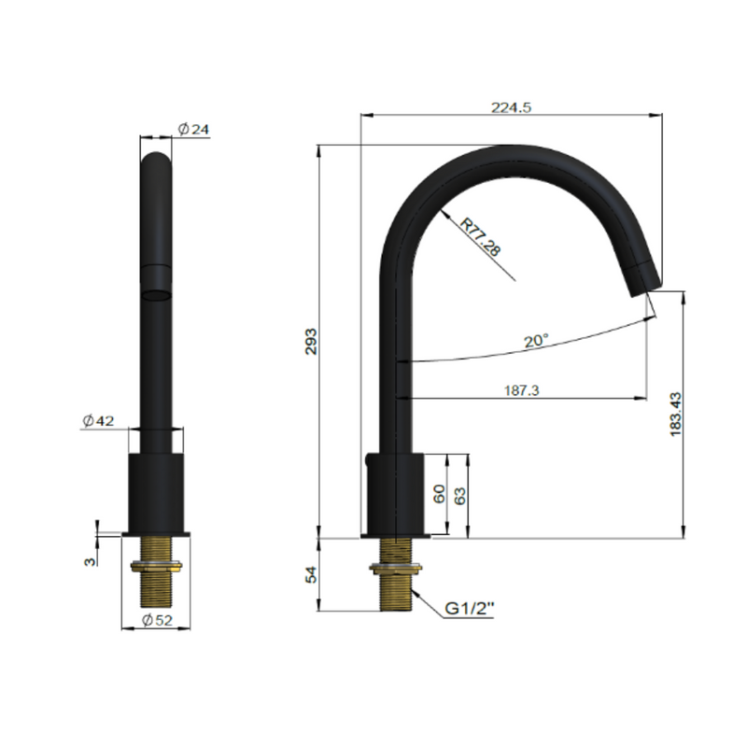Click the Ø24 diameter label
(193, 129)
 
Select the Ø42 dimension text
(98, 421)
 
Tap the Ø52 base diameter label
(157, 620)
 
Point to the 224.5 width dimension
(511, 107)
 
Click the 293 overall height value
(311, 341)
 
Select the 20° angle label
(536, 341)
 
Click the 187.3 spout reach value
(522, 390)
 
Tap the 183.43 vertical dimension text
(675, 415)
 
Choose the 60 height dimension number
(439, 494)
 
